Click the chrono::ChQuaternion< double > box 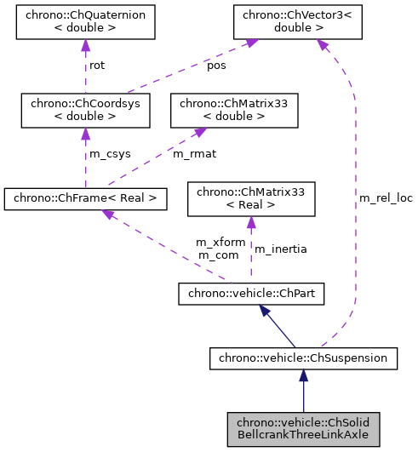(85, 24)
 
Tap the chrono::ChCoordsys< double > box (85, 112)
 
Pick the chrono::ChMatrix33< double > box (234, 112)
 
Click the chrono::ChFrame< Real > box (85, 199)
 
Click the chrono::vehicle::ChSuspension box (303, 358)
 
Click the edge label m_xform (220, 243)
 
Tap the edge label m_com (217, 255)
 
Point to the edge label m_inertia (281, 249)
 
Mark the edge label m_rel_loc (385, 197)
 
